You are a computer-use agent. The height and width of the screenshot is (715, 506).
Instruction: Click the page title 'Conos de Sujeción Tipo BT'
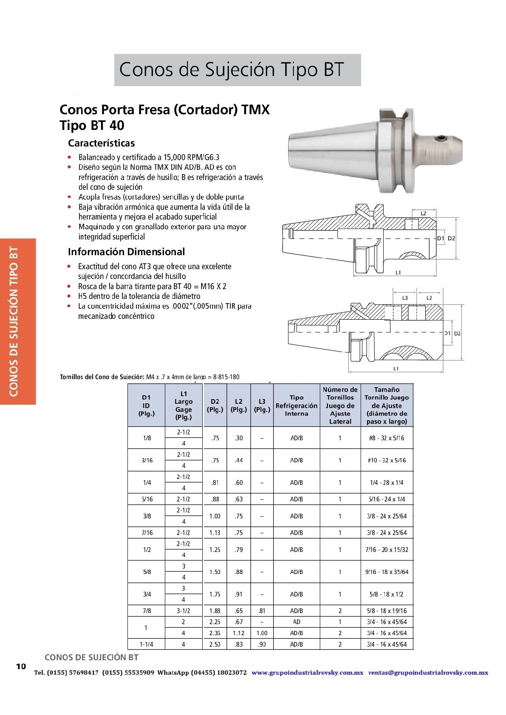(232, 70)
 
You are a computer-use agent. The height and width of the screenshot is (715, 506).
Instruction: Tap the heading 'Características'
(101, 143)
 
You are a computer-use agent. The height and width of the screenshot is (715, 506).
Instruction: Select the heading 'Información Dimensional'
(126, 252)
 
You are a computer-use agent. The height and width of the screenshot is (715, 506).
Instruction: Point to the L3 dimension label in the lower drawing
(405, 298)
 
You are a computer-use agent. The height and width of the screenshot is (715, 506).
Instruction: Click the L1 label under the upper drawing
(398, 273)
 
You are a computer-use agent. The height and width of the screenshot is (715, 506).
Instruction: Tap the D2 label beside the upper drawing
(451, 238)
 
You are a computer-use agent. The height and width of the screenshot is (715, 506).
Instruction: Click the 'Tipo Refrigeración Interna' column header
(296, 405)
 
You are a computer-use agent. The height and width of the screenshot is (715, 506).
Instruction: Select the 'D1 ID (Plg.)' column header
(146, 405)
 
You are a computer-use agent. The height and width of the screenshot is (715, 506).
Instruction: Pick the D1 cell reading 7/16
(147, 533)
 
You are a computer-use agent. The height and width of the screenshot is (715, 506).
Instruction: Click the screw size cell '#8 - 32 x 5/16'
(387, 438)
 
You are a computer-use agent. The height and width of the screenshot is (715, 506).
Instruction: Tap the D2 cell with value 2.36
(215, 633)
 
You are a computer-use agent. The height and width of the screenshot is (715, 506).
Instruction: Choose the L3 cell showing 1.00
(262, 633)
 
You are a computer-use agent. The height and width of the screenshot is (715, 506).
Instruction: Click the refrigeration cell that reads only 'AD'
(297, 622)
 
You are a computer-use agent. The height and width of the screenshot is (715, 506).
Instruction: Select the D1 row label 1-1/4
(146, 644)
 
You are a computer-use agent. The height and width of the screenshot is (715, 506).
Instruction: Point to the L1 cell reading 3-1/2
(184, 611)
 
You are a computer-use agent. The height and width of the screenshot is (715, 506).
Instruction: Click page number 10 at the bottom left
(21, 666)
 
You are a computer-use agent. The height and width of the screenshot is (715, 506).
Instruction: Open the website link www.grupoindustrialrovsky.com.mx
(307, 673)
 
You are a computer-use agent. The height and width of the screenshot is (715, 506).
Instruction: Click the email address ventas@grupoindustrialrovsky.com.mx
(428, 673)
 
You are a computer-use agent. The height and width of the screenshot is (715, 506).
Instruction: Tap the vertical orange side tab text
(14, 321)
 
